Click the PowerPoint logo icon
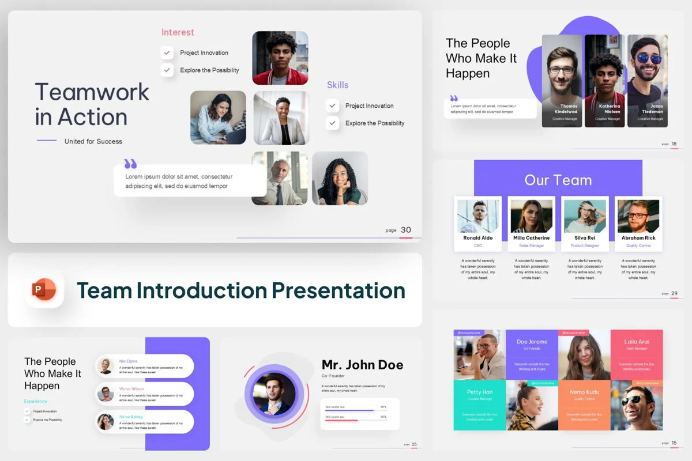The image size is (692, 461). coord(44,289)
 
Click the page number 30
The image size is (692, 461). coord(406,230)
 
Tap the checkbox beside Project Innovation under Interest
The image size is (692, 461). coord(167,52)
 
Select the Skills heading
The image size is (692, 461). coord(337,85)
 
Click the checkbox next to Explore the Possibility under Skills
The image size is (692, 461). coord(332,123)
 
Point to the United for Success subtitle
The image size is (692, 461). coord(93,141)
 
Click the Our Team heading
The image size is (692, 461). coord(558,180)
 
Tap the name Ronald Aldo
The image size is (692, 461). coord(478,237)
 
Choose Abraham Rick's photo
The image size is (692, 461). coord(638,216)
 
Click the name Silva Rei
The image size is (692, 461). coord(585,237)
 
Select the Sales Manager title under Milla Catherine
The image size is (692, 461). coord(531,245)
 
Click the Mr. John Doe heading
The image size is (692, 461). coord(362,365)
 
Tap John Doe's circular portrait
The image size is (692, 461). coord(274,394)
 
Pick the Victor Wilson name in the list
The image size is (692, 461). coord(131,389)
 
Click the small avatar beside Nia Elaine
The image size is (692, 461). coord(106,366)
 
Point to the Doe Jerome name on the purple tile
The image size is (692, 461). coord(531,342)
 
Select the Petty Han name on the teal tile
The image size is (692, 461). coord(479,392)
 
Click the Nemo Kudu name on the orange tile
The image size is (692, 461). coord(584,392)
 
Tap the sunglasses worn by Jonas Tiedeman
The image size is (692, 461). coord(649,59)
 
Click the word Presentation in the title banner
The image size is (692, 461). coord(338,290)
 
